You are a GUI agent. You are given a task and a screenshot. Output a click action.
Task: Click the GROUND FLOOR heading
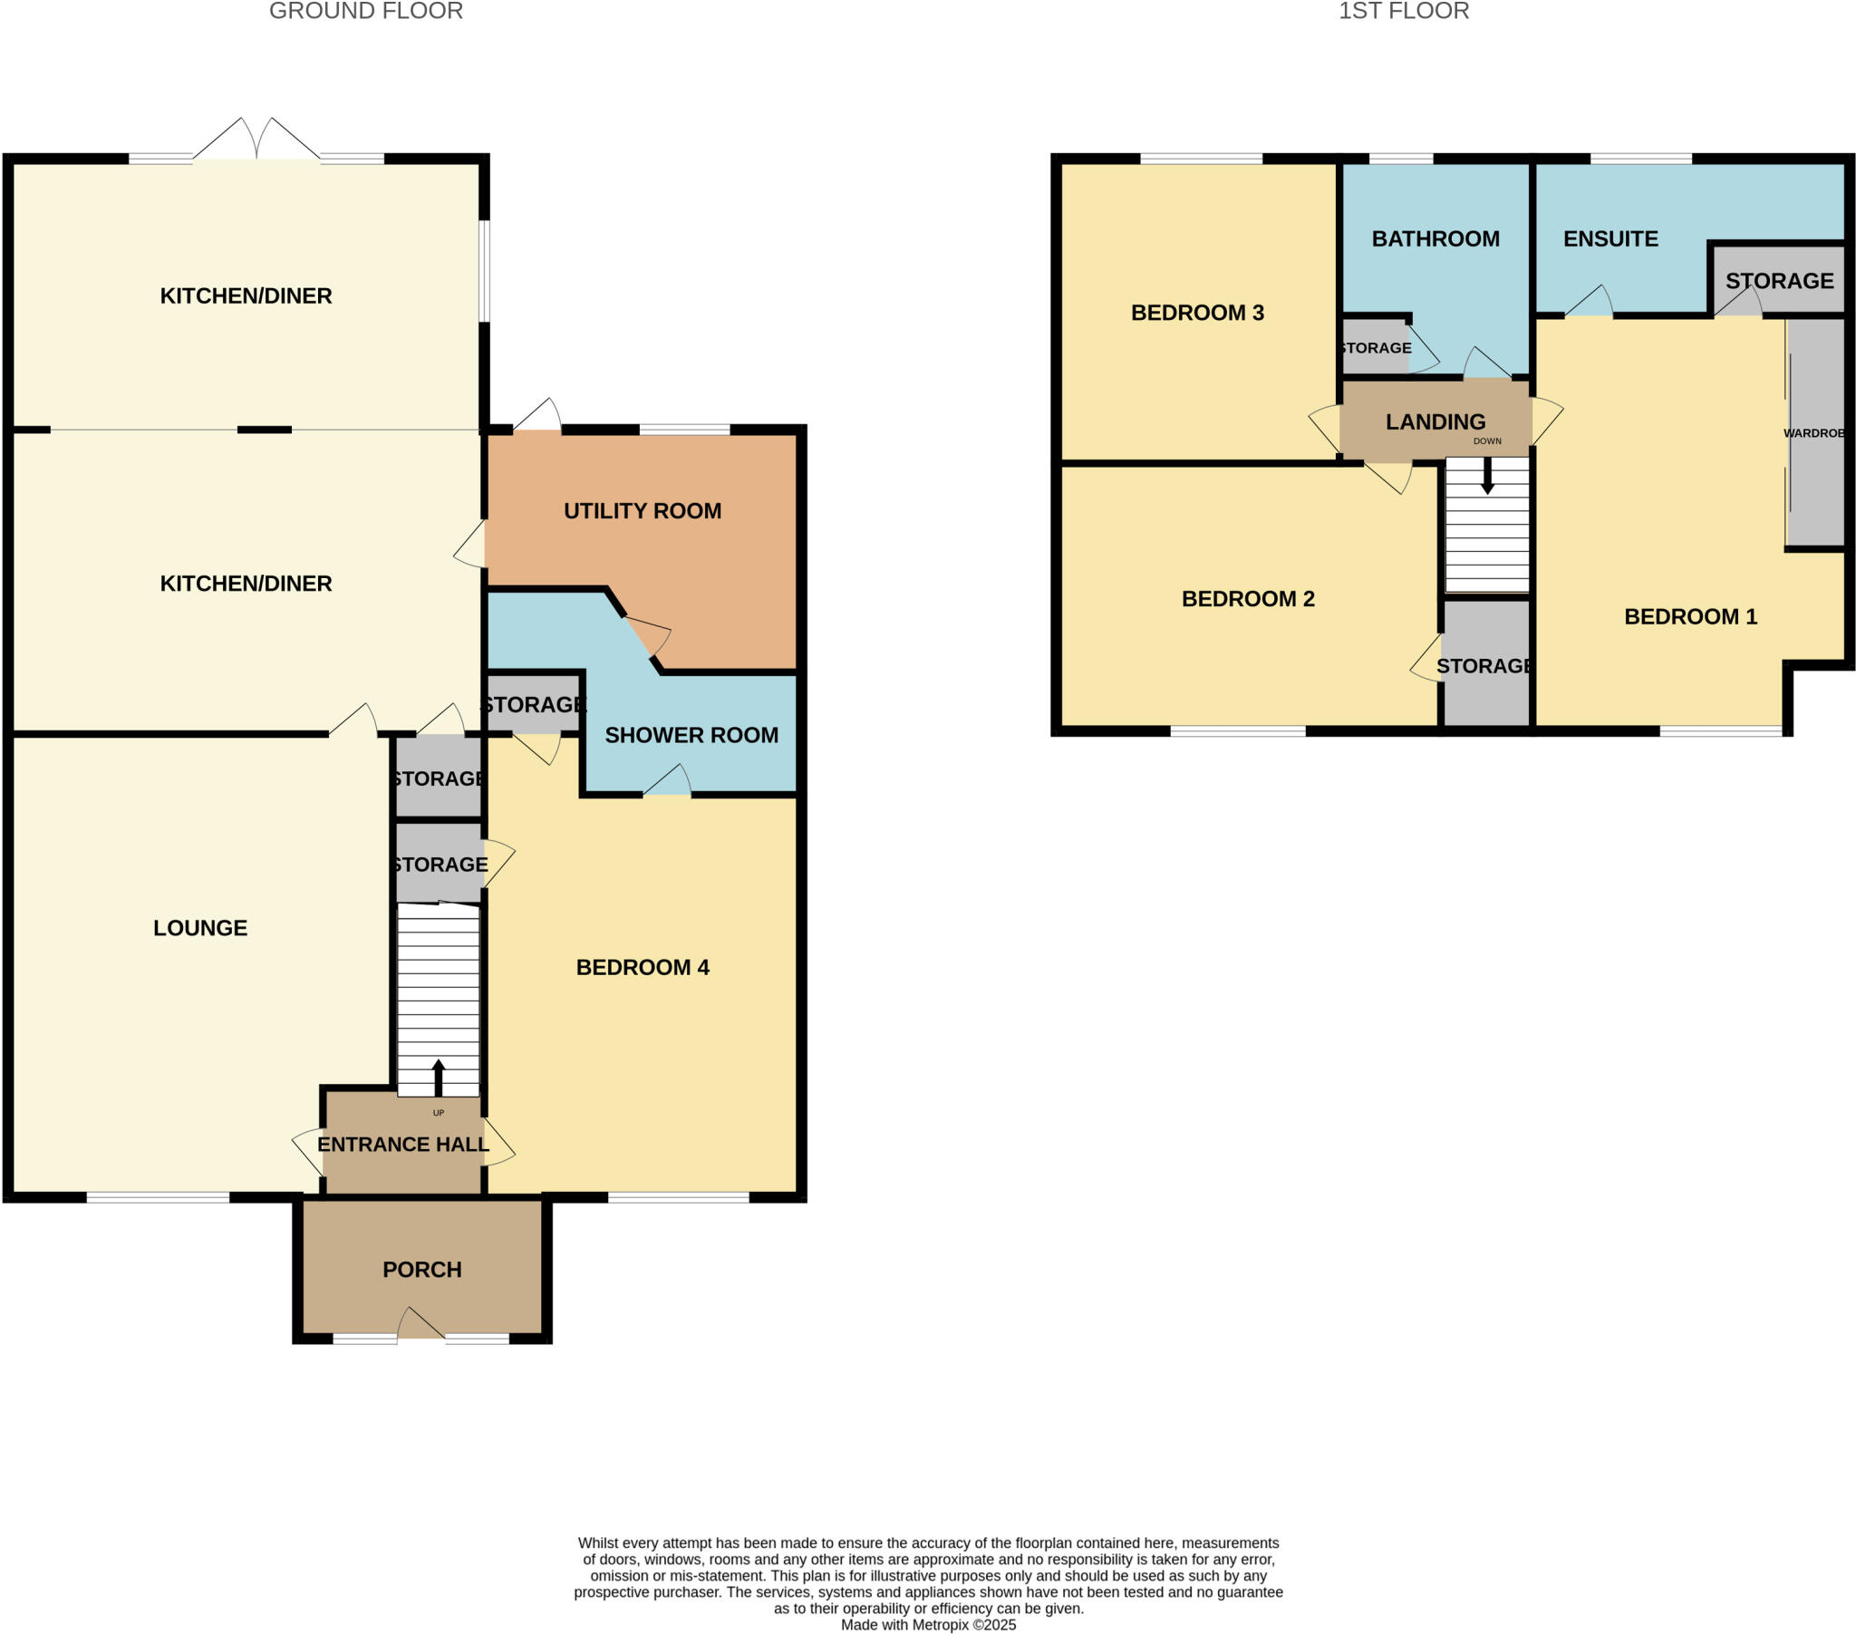point(366,11)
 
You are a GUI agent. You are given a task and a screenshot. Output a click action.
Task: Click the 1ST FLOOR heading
point(1403,11)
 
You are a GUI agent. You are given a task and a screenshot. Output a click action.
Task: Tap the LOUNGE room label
point(199,927)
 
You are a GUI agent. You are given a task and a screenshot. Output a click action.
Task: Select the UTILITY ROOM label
point(642,510)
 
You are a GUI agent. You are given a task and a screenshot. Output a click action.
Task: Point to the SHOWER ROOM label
point(691,735)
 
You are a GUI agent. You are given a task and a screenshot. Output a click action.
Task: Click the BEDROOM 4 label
point(642,967)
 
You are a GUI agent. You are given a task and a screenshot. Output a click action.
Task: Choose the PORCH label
point(421,1269)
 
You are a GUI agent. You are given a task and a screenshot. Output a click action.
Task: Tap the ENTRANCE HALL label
point(402,1145)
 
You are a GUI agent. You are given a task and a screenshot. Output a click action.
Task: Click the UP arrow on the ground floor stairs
point(438,1078)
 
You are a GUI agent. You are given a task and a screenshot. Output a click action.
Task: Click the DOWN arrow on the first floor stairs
point(1487,475)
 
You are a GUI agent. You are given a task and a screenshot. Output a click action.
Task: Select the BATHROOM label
point(1435,239)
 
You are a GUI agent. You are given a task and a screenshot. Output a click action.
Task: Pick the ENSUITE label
point(1609,239)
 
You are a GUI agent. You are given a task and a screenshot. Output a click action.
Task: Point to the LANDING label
point(1435,421)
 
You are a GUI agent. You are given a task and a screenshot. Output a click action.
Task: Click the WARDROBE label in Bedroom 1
point(1813,433)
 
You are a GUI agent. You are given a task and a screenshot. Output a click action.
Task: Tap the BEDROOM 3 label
point(1197,313)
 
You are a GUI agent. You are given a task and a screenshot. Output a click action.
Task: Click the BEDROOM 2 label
point(1248,598)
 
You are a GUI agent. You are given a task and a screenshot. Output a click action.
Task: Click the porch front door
point(420,1324)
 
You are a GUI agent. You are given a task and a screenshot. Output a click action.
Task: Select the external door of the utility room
point(537,417)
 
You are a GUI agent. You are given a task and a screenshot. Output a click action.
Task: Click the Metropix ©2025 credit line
point(928,1625)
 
